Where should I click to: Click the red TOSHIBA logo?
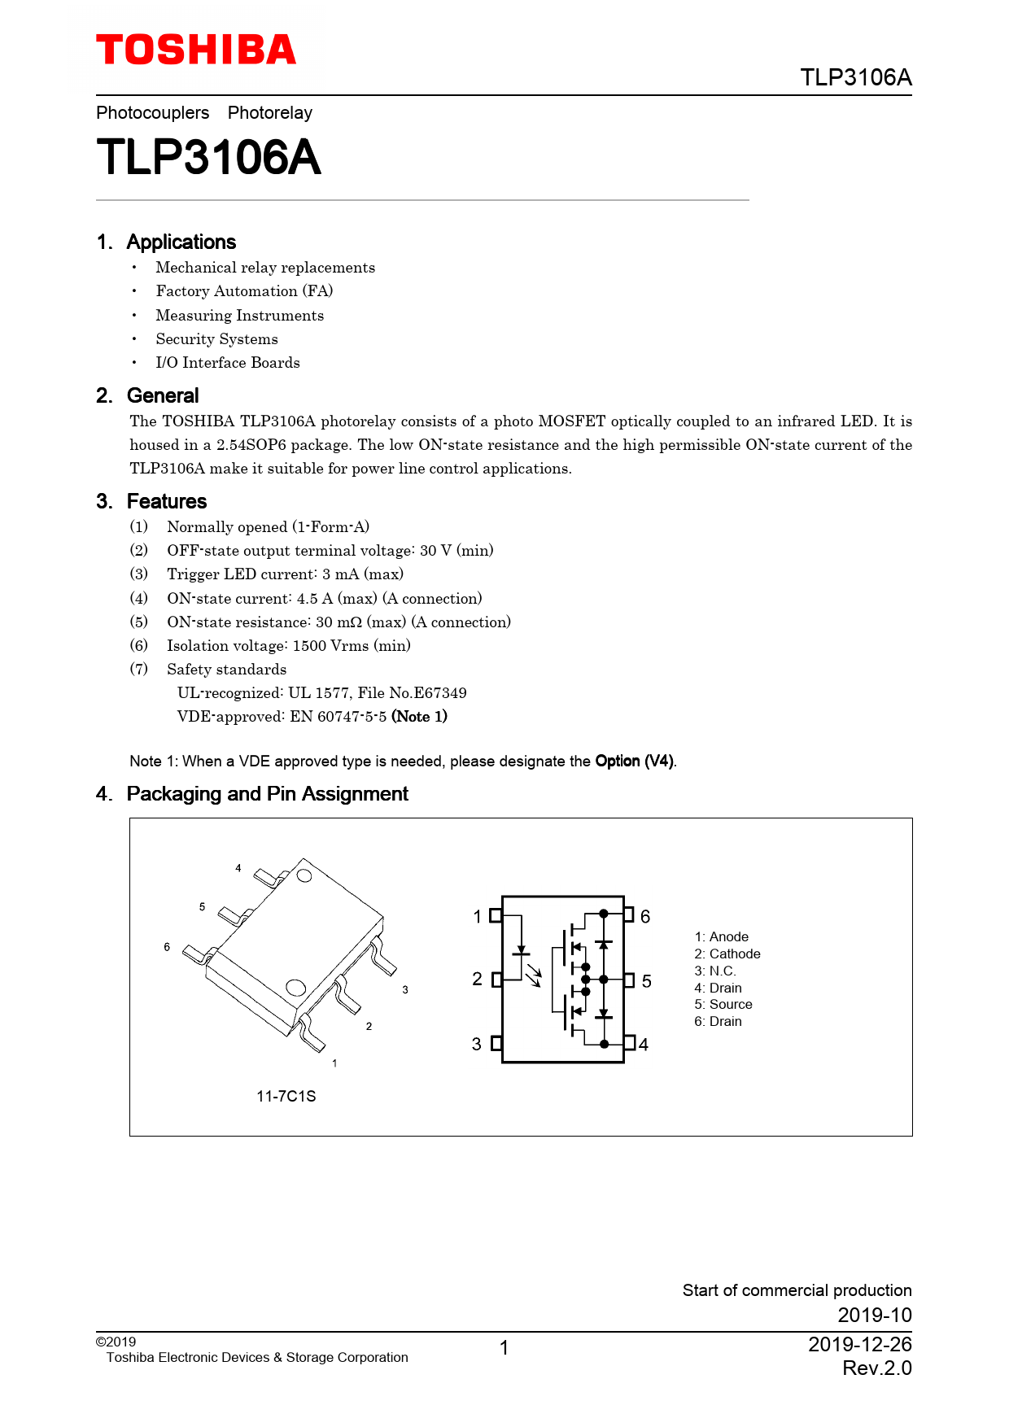tap(196, 50)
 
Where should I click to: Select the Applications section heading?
tap(181, 242)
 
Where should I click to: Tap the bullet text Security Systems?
tap(216, 338)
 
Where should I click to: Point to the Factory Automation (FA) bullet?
tap(244, 291)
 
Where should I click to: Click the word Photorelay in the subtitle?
tap(269, 112)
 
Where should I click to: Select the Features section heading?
tap(166, 501)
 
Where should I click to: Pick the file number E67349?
tap(439, 692)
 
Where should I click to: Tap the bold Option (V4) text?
tap(634, 761)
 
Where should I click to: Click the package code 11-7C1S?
tap(286, 1096)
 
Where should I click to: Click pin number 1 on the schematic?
tap(478, 916)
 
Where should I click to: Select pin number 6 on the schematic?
tap(645, 916)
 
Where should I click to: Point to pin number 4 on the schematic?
tap(644, 1045)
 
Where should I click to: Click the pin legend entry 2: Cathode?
tap(727, 954)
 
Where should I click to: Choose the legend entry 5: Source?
tap(723, 1004)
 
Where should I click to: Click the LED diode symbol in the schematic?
tap(521, 949)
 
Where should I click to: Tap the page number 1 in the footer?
tap(504, 1348)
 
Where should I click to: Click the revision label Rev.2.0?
tap(876, 1368)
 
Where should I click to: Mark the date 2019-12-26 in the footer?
tap(859, 1344)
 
